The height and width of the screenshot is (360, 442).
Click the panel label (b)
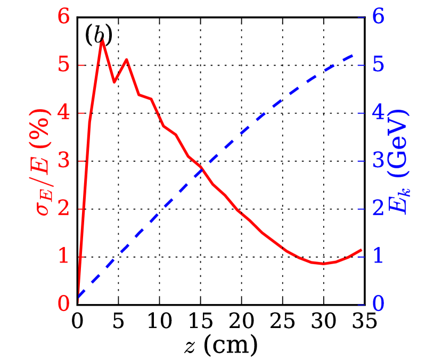click(99, 35)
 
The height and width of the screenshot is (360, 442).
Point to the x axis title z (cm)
click(220, 345)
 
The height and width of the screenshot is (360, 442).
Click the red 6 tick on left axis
click(64, 17)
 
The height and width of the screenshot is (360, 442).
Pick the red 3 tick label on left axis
click(64, 161)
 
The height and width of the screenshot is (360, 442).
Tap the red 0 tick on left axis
click(64, 305)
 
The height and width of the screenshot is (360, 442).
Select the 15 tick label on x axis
click(201, 322)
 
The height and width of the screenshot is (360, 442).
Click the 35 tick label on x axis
click(364, 322)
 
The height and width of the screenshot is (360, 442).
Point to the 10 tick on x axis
click(160, 322)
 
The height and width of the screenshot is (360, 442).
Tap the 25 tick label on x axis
click(282, 322)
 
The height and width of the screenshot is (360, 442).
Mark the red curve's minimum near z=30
click(323, 263)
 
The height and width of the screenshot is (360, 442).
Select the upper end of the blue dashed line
click(354, 54)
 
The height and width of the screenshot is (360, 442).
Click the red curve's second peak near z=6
click(126, 59)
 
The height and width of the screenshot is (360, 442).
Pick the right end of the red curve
click(362, 249)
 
